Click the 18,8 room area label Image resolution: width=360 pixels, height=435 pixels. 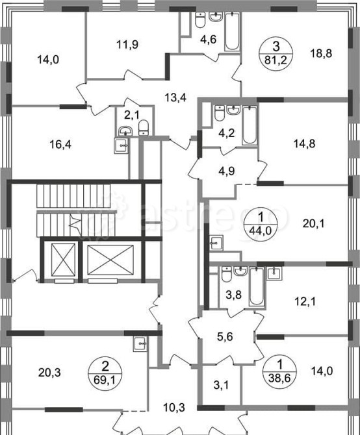coord(320,53)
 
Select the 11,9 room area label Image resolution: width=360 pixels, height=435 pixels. coord(127,44)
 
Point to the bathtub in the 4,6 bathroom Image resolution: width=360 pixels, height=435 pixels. coord(232,31)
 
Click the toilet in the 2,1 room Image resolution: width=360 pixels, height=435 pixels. coord(144,127)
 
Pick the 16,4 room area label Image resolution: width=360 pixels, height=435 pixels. coord(60,145)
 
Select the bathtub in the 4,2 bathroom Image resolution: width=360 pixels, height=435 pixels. coord(250,125)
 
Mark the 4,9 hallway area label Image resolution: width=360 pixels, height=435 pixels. coord(227,171)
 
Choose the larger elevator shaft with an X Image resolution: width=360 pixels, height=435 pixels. coord(110,260)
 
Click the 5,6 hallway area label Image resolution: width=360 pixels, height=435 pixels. coord(225,337)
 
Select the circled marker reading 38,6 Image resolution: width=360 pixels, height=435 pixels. coord(280,370)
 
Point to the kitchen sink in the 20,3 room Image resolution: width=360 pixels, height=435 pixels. coord(140,345)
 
